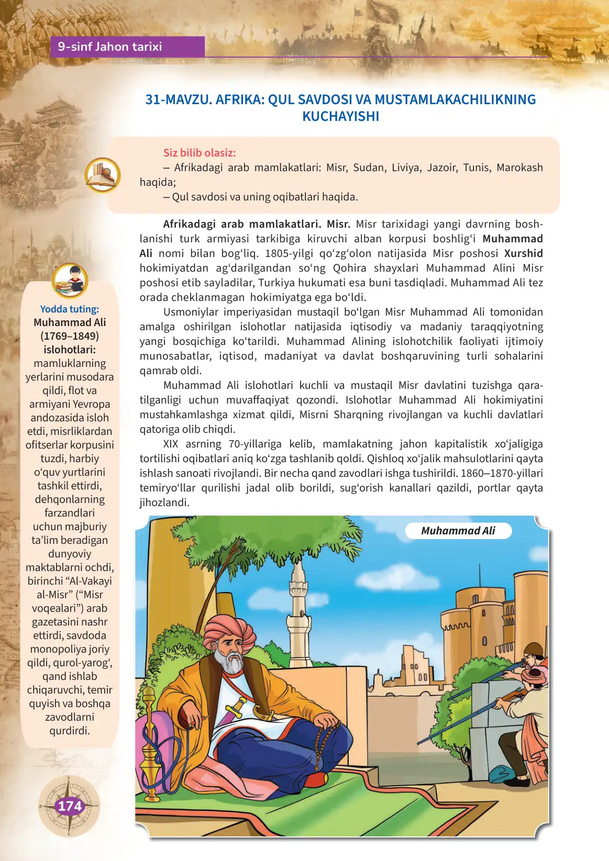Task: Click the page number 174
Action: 70,806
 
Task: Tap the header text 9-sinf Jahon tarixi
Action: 110,47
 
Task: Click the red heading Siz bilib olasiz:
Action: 200,153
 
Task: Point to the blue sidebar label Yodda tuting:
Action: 70,309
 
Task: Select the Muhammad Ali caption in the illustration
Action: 458,531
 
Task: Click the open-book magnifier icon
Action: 103,175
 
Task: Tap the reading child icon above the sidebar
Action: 70,279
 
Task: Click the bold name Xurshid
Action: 523,253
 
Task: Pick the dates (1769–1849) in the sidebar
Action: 70,336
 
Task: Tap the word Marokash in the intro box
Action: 519,167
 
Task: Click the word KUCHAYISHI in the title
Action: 340,116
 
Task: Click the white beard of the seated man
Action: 230,662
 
